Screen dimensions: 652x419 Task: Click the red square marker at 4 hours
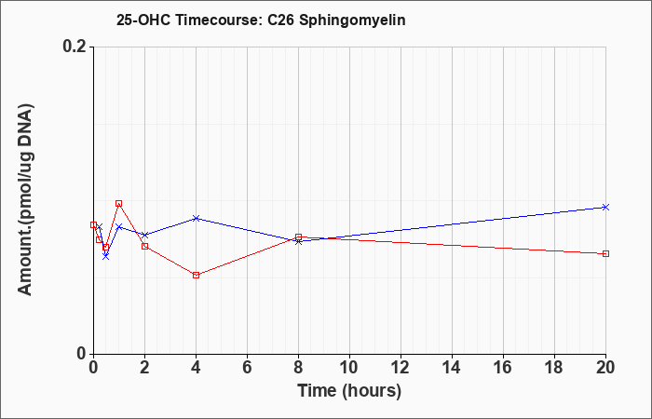pos(196,276)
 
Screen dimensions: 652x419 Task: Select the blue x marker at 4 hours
pos(196,218)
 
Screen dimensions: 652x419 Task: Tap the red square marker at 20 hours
pos(605,253)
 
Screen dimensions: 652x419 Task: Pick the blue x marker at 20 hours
pos(605,207)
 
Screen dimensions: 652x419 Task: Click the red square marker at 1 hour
pos(119,203)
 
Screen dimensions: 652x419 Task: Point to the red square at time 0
pos(93,225)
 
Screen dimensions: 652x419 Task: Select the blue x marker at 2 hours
pos(144,235)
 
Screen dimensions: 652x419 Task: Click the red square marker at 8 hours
pos(299,237)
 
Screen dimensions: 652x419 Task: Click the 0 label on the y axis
pos(82,354)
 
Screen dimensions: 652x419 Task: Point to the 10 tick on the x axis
pos(349,368)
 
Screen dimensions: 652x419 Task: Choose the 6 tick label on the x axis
pos(248,368)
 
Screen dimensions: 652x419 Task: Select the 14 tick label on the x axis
pos(452,368)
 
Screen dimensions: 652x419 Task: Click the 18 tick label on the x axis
pos(555,368)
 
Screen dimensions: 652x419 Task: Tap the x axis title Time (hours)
pos(349,391)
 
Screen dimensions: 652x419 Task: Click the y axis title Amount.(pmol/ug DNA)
pos(25,200)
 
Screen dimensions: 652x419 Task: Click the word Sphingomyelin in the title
pos(353,20)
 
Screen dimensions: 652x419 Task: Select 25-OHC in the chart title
pos(143,20)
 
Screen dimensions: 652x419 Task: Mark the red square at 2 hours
pos(144,246)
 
